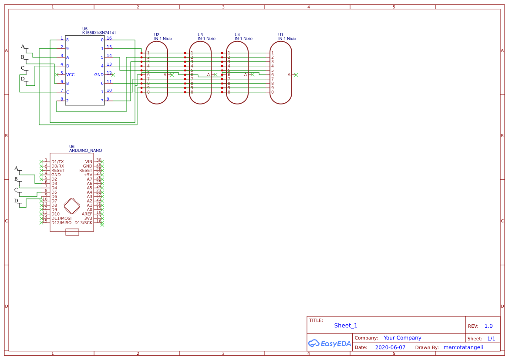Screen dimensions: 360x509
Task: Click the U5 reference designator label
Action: pos(85,29)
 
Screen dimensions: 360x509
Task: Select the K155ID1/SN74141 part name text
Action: pos(99,33)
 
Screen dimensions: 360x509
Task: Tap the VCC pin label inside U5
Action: pos(70,75)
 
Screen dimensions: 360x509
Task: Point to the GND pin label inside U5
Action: pos(99,75)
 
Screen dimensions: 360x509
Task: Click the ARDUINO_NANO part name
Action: pos(86,151)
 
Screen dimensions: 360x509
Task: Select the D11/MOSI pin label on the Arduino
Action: pos(61,219)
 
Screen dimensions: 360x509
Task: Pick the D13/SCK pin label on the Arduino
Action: pos(83,223)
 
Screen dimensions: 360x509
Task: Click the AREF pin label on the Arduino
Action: pos(87,214)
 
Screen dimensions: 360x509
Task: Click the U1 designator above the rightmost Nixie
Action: pos(281,35)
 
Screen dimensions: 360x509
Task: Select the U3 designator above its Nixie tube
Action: pos(200,35)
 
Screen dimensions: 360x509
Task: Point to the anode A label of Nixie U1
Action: pos(289,75)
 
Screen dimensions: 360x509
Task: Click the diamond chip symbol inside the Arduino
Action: pos(72,205)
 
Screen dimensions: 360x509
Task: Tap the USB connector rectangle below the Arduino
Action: pos(72,232)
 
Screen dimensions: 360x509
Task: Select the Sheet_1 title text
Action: pos(346,326)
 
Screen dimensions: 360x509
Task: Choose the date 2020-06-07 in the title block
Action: pos(390,347)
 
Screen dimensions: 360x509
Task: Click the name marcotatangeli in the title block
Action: pos(463,347)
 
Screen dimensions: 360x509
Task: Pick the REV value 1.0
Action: pos(489,326)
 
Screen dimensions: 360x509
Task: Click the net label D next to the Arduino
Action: pos(17,201)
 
